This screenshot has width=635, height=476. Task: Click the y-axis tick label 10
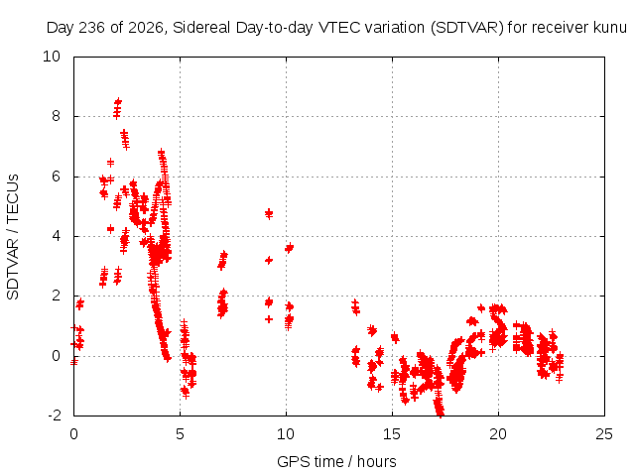[52, 57]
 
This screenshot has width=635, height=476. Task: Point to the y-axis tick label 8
[56, 116]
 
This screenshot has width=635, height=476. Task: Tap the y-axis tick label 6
[56, 177]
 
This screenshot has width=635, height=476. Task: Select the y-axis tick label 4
[56, 236]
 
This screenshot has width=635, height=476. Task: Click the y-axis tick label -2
[55, 415]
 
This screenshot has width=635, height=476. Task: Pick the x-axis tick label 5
[180, 434]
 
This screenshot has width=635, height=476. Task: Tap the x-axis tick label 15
[392, 434]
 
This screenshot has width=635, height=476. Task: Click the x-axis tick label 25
[604, 434]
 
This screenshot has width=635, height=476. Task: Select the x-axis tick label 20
[498, 434]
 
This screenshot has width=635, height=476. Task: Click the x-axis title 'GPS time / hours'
[336, 461]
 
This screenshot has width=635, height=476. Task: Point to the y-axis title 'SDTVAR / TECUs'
[13, 237]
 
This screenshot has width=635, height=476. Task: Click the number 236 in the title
[92, 28]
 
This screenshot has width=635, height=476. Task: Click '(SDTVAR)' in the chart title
[466, 28]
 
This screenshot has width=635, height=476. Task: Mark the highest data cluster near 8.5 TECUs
[117, 108]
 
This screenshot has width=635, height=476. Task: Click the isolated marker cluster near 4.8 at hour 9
[269, 213]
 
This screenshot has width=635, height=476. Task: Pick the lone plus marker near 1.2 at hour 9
[269, 319]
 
